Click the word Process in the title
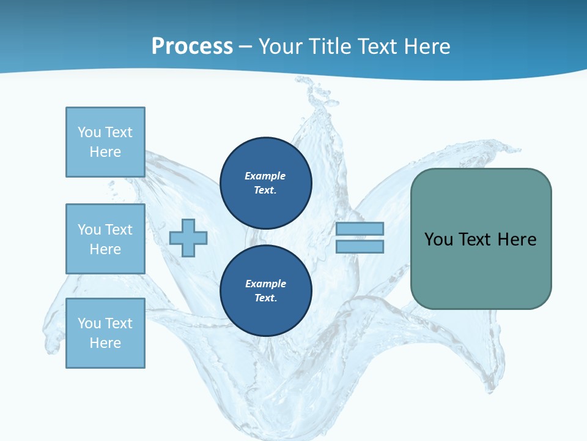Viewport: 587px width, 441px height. (x=192, y=46)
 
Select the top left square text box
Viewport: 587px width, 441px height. (x=105, y=142)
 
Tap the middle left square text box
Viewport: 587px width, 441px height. (x=105, y=239)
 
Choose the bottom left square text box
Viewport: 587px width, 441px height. (x=105, y=333)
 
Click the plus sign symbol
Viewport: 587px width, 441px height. (x=188, y=238)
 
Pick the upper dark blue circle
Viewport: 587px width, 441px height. (x=265, y=183)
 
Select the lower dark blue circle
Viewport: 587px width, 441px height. (x=265, y=290)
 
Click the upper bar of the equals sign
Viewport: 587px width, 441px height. (x=360, y=228)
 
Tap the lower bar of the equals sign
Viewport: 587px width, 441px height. (x=360, y=247)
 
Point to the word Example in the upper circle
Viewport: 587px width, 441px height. (x=265, y=176)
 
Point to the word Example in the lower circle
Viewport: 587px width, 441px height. (x=265, y=284)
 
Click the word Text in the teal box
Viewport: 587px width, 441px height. (x=476, y=239)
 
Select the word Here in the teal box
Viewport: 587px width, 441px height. (x=517, y=239)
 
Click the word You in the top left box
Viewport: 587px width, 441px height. (x=89, y=132)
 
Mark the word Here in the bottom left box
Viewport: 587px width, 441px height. (x=105, y=343)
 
